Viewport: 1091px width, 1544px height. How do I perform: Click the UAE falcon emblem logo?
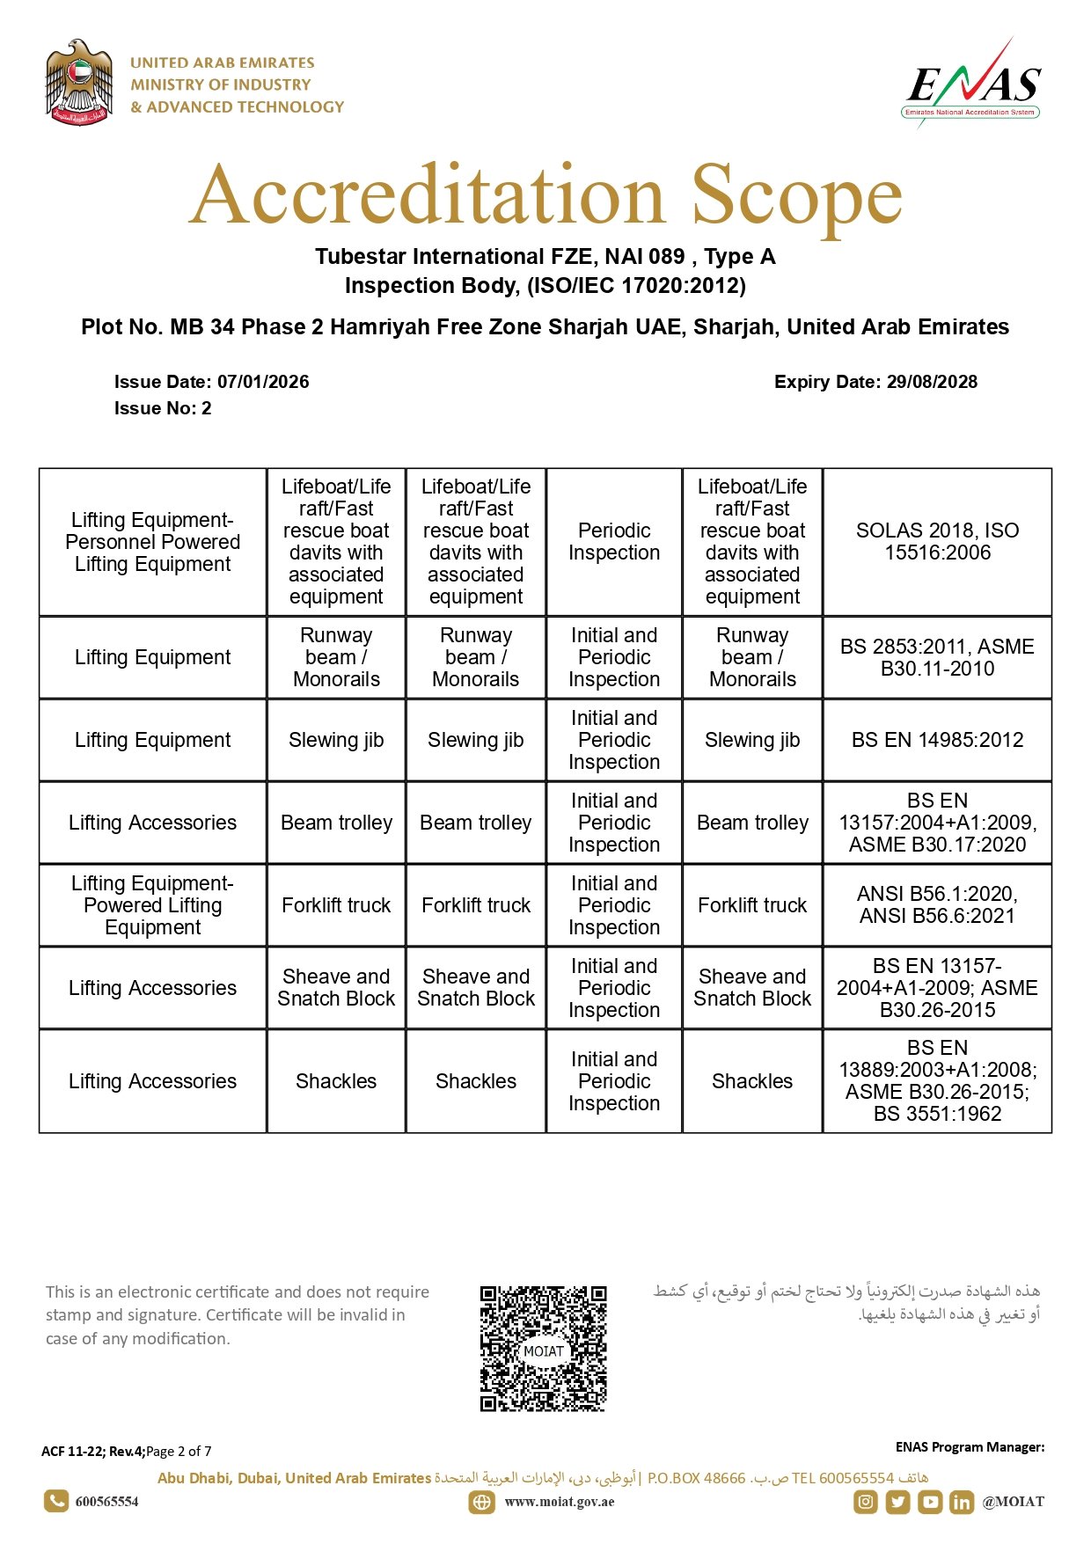click(79, 83)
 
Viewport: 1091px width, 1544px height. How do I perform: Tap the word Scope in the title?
click(796, 195)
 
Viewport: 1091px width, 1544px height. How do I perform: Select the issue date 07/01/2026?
click(263, 382)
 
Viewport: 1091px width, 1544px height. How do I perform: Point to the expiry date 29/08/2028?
click(932, 382)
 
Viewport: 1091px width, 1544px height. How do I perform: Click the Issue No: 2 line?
click(163, 408)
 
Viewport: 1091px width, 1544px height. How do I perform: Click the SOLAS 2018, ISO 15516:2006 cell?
click(937, 542)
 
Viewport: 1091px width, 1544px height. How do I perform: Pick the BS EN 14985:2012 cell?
click(937, 740)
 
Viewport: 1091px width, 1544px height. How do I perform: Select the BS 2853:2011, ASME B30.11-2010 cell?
click(937, 657)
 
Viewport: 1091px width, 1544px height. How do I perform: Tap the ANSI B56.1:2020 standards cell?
click(937, 905)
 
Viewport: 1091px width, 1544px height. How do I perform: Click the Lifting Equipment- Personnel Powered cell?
click(153, 542)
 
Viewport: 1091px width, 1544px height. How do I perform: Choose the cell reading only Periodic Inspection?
click(614, 542)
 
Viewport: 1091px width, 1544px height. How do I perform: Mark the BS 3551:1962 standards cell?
click(937, 1081)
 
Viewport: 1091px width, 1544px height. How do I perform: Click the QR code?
click(543, 1349)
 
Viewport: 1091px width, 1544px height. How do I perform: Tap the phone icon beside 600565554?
click(56, 1501)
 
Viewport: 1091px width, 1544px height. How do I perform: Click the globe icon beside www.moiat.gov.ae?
click(481, 1502)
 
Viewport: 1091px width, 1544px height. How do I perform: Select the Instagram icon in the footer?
click(866, 1502)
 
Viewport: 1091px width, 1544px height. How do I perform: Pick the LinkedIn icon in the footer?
click(962, 1502)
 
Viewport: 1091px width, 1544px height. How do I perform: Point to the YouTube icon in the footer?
click(930, 1502)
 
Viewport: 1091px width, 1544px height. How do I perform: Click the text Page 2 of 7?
click(179, 1452)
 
